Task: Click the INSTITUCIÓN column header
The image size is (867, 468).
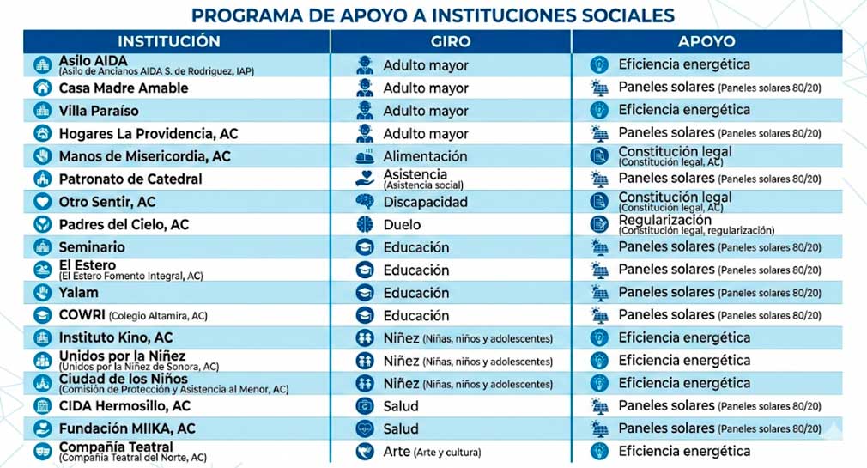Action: [x=169, y=41]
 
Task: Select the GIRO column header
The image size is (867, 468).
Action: [x=450, y=41]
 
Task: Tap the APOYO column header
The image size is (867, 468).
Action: [x=706, y=41]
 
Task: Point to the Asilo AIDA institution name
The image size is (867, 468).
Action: [x=93, y=62]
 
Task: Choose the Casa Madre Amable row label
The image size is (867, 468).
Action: [x=123, y=88]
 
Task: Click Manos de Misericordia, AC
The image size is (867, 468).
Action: [x=144, y=156]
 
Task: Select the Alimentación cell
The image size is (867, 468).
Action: [x=425, y=156]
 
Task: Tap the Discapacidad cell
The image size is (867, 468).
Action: [x=425, y=202]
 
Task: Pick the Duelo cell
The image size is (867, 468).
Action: [x=402, y=224]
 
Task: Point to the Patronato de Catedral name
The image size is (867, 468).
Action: [x=130, y=179]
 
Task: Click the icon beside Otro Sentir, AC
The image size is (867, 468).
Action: [x=42, y=202]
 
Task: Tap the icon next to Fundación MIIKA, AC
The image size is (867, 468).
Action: [x=42, y=428]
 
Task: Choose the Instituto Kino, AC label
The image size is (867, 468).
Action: [x=116, y=337]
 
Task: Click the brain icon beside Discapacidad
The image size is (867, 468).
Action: [x=365, y=202]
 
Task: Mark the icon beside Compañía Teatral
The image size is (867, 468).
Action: [x=42, y=451]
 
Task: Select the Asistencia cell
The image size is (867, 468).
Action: [x=415, y=174]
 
